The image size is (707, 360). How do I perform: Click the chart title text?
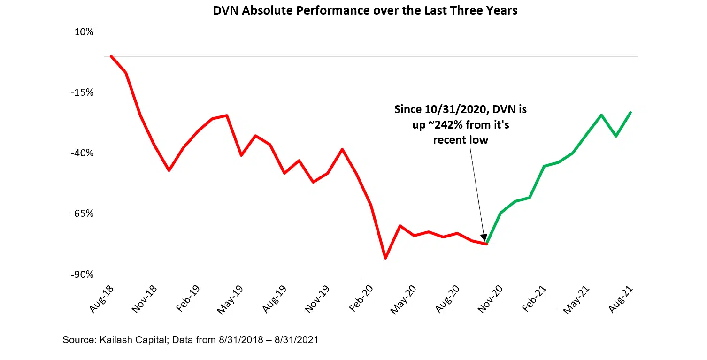point(365,11)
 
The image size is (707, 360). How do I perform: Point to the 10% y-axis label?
point(84,32)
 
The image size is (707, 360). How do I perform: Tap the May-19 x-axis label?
point(230,300)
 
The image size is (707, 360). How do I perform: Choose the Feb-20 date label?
point(360,300)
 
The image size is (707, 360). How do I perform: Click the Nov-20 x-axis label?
point(490,300)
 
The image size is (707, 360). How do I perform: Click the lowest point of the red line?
point(385,258)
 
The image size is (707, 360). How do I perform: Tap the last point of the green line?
point(630,113)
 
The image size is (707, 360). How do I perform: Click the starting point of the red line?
point(111,56)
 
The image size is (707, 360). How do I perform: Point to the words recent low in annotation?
point(461,140)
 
